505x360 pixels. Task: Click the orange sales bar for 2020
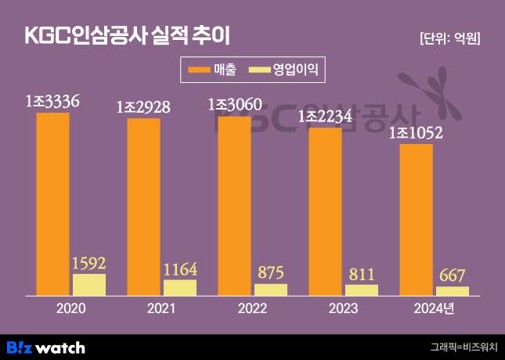(x=52, y=203)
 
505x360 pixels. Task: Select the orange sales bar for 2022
(x=234, y=205)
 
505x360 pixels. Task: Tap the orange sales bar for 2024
(x=416, y=219)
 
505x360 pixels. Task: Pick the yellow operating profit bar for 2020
(x=88, y=284)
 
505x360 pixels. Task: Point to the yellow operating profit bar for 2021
(x=179, y=287)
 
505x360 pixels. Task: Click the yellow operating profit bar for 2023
(x=361, y=290)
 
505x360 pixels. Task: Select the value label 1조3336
(x=52, y=102)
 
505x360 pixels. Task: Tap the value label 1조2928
(x=143, y=107)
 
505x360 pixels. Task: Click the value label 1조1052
(x=417, y=133)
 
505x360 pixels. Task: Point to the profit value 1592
(x=88, y=263)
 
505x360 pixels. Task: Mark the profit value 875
(x=271, y=273)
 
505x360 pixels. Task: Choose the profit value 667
(x=452, y=275)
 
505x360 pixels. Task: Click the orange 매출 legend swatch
(x=199, y=71)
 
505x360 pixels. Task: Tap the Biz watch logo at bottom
(x=45, y=347)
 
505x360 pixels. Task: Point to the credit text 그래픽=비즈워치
(x=464, y=347)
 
